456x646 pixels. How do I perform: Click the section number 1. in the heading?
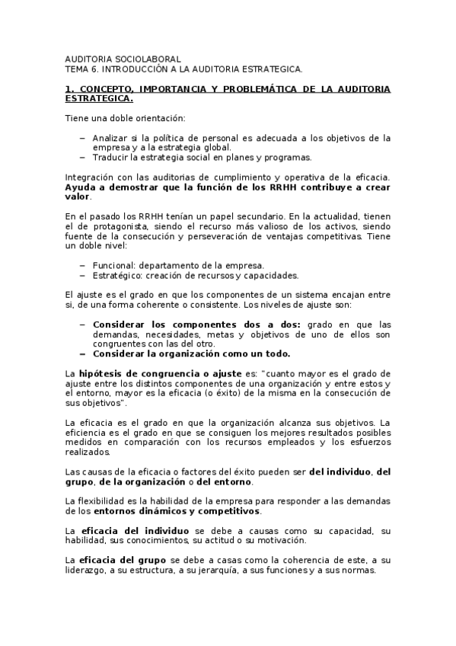69,89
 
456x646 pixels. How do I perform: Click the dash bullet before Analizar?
82,138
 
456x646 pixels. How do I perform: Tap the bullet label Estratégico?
120,275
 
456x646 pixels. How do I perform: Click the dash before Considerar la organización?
82,353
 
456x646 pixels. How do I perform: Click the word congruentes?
120,344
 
